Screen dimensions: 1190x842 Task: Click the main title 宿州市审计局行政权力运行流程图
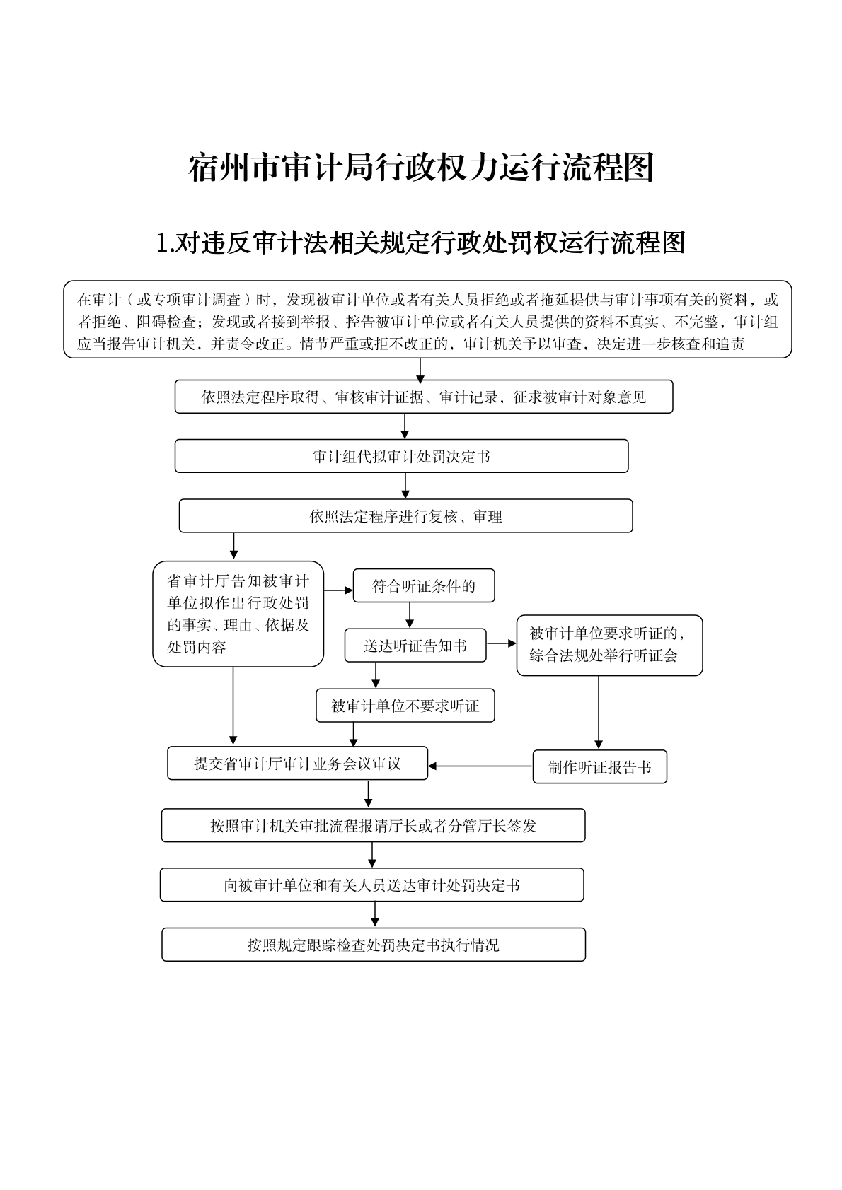point(420,168)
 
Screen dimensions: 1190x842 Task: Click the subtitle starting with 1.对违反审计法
point(420,243)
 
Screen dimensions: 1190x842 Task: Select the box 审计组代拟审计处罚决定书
point(401,456)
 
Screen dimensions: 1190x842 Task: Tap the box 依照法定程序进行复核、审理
point(405,516)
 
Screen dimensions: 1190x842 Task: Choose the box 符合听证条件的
point(423,586)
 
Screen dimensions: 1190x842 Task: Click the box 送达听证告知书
point(415,646)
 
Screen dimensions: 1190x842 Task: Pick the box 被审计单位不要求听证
point(405,706)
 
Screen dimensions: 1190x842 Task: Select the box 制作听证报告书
point(599,767)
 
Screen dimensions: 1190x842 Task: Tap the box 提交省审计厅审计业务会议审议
point(297,764)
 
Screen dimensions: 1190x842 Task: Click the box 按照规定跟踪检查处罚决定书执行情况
point(374,945)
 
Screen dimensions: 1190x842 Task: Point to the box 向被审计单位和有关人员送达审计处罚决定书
point(371,885)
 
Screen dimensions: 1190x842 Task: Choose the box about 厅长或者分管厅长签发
point(373,825)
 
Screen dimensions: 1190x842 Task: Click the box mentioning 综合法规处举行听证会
point(609,645)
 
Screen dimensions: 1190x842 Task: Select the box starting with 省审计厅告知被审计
point(238,614)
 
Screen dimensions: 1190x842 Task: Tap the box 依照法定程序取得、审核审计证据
point(424,397)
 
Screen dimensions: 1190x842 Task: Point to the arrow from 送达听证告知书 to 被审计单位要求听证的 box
point(502,643)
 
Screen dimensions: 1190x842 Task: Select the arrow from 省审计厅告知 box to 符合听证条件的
point(338,590)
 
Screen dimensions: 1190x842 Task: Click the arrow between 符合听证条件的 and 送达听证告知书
point(409,615)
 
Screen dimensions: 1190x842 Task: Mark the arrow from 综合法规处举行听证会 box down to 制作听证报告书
point(599,712)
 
